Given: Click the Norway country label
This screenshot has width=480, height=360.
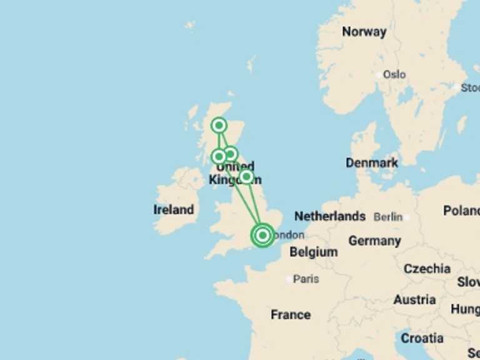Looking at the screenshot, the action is [x=364, y=31].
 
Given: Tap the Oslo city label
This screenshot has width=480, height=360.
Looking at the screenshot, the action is [x=394, y=74].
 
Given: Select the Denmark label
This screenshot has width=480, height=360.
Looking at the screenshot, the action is [x=372, y=163].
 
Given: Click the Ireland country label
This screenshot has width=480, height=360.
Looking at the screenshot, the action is [x=174, y=210].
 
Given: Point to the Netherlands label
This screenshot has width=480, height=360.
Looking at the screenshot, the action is [x=330, y=216].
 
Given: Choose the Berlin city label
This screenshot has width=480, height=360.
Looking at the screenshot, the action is [x=387, y=217].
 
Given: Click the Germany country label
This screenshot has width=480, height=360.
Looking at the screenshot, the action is [x=374, y=241].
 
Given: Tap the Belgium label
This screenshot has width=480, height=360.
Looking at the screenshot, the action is [x=313, y=252].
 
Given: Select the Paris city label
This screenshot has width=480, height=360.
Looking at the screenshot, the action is [x=306, y=279].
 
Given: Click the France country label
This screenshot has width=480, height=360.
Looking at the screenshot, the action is [x=291, y=314].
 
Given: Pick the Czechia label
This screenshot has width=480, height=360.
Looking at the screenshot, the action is [x=427, y=269].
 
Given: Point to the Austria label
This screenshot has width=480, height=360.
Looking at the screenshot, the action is [x=414, y=300].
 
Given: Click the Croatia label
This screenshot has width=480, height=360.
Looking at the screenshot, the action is [x=422, y=338].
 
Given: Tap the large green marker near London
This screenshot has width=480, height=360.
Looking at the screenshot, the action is [x=262, y=235].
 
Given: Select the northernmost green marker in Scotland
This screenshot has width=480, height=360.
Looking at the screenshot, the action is [x=219, y=126].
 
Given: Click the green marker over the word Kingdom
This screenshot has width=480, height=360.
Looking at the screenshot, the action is [x=247, y=177].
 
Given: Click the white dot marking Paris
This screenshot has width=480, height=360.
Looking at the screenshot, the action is [x=289, y=279].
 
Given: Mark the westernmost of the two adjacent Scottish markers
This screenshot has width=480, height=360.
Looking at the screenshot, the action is [x=219, y=156].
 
